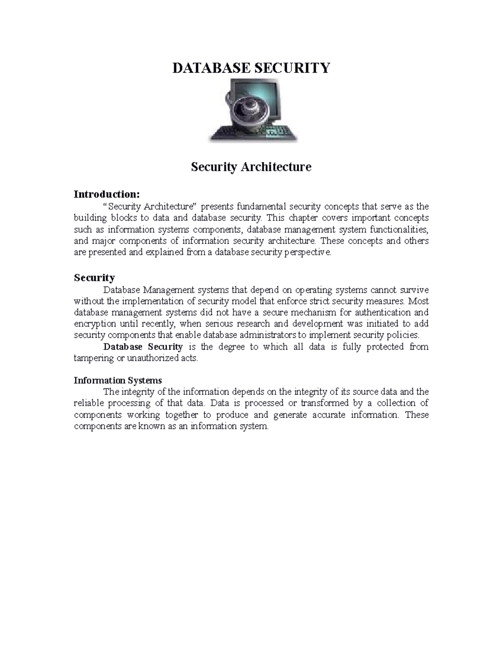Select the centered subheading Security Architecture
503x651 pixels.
pyautogui.click(x=251, y=167)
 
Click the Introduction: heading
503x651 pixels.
pyautogui.click(x=106, y=194)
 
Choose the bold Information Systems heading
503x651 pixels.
pyautogui.click(x=117, y=380)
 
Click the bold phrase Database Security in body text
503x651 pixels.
pyautogui.click(x=143, y=347)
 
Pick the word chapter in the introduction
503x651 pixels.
pyautogui.click(x=292, y=218)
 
